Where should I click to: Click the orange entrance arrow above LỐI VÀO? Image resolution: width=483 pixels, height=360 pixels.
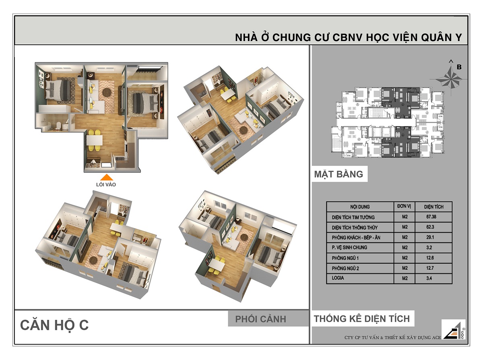[106, 177]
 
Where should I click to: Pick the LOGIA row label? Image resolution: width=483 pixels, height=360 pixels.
[339, 278]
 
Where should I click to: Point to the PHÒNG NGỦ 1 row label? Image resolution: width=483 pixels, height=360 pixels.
[345, 258]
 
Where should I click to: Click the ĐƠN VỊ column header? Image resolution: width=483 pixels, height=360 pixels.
[404, 206]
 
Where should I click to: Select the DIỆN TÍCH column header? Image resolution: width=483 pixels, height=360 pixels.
[433, 207]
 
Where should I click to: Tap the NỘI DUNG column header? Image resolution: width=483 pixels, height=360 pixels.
[359, 207]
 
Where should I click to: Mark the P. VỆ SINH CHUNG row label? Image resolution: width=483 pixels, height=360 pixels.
[349, 248]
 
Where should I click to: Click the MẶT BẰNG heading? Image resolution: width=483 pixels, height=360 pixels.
[339, 174]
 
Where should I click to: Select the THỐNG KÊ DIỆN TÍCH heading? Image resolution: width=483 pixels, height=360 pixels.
[361, 319]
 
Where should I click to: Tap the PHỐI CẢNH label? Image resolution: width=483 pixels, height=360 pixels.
[260, 319]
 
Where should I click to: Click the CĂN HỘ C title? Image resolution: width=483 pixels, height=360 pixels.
[54, 325]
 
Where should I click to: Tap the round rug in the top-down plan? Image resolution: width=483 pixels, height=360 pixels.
[107, 92]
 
